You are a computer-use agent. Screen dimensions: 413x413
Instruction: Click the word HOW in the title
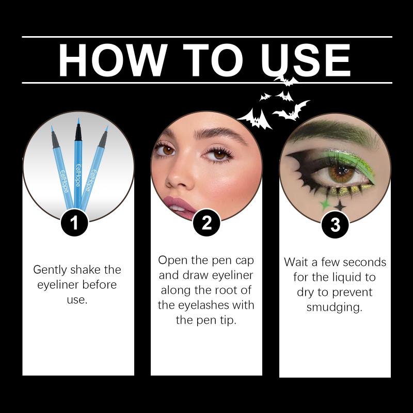pyautogui.click(x=113, y=60)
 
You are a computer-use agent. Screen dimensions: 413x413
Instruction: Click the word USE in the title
pyautogui.click(x=306, y=60)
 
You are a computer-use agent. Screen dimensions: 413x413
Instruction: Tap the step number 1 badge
pyautogui.click(x=74, y=223)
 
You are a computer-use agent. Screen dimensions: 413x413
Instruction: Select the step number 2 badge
pyautogui.click(x=206, y=223)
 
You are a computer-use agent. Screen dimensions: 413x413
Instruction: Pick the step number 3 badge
pyautogui.click(x=335, y=225)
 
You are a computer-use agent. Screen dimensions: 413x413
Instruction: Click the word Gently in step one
pyautogui.click(x=50, y=270)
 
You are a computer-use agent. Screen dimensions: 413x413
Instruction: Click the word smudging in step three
pyautogui.click(x=334, y=307)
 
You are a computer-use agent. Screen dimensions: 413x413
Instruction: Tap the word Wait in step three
pyautogui.click(x=296, y=262)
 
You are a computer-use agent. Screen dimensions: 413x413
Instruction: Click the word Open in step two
pyautogui.click(x=172, y=261)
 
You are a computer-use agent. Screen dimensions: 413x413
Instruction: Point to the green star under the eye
pyautogui.click(x=325, y=204)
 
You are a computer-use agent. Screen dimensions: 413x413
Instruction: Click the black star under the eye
pyautogui.click(x=340, y=205)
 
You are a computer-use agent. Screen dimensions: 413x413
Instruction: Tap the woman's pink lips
pyautogui.click(x=179, y=207)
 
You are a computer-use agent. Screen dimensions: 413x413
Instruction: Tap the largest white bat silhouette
pyautogui.click(x=255, y=119)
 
